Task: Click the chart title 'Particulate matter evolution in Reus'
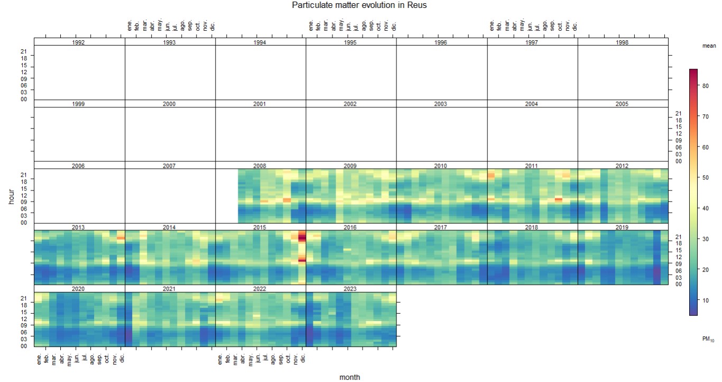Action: pos(359,5)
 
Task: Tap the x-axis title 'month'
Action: pos(350,377)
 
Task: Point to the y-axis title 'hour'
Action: pos(11,196)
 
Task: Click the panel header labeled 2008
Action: pos(260,166)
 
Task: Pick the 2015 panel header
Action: pos(260,228)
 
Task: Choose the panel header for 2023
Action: pos(350,289)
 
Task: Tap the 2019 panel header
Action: pos(622,228)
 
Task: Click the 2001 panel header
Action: pos(260,104)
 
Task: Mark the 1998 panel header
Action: pos(622,42)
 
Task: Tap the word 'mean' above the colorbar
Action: pos(709,46)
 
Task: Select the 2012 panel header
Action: pos(622,166)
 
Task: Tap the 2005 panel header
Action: pos(622,104)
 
